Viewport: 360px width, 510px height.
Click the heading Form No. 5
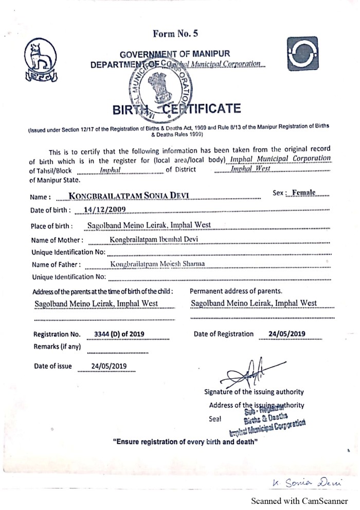point(175,34)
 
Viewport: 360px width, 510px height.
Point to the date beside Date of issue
point(109,366)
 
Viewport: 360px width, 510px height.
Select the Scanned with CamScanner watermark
point(302,501)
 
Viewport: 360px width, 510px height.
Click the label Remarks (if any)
point(57,346)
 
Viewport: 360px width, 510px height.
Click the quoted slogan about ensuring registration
point(185,442)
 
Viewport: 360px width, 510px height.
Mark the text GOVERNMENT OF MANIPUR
point(175,54)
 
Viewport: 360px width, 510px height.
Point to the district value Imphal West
point(250,169)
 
